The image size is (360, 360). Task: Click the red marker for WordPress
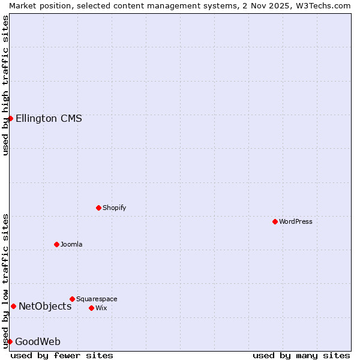coord(275,221)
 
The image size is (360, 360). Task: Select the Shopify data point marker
coord(98,208)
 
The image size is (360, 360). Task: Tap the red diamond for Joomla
coord(56,244)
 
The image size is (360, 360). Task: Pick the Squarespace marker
coord(72,299)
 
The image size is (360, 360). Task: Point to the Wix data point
coord(91,308)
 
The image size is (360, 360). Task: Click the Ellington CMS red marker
coord(10,118)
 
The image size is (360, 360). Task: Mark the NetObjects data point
coord(13,306)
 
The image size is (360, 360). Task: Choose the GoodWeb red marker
coord(10,341)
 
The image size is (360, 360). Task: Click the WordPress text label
coord(296,221)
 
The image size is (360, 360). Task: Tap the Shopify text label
coord(114,208)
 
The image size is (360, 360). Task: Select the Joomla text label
coord(71,244)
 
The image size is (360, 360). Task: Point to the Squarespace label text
coord(97,299)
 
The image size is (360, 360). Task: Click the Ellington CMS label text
coord(49,118)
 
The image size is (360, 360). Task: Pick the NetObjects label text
coord(45,306)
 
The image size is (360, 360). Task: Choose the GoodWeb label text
coord(38,341)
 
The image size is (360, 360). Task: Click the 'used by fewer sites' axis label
coord(62,355)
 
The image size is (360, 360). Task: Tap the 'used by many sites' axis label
coord(301,355)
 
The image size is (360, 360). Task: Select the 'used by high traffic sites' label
coord(5,85)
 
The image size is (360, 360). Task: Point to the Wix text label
coord(101,308)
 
